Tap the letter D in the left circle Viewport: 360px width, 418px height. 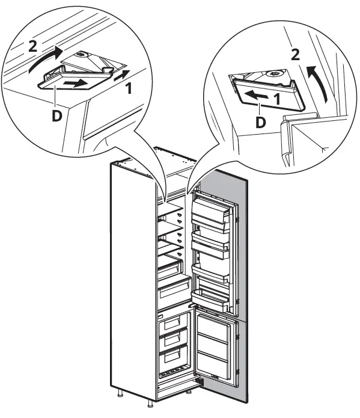pos(56,114)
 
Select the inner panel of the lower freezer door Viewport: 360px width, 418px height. pos(213,345)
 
